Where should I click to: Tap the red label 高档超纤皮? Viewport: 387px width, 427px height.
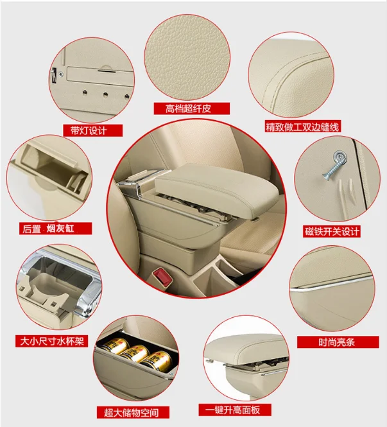click(187, 109)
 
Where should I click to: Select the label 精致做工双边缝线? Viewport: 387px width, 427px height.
click(303, 127)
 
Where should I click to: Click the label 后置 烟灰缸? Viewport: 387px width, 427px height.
click(56, 229)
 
